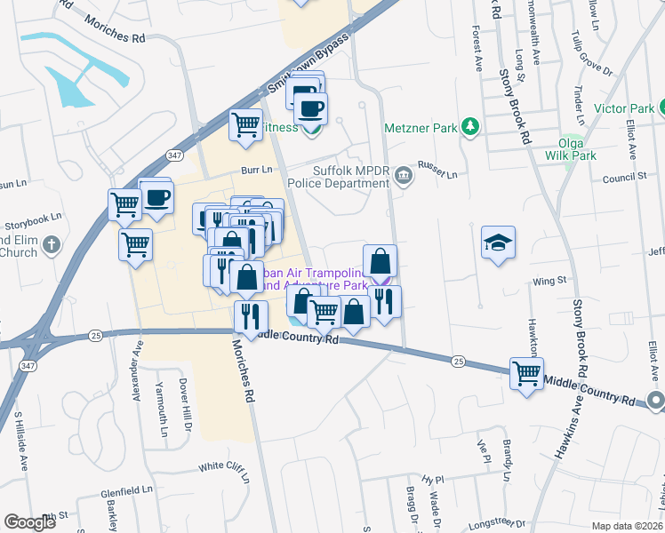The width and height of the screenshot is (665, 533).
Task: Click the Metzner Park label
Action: point(420,128)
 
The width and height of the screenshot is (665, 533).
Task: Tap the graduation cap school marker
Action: point(498,241)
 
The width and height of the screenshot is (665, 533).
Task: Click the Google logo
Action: point(29,522)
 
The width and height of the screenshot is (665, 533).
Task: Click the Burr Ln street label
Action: point(252,169)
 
